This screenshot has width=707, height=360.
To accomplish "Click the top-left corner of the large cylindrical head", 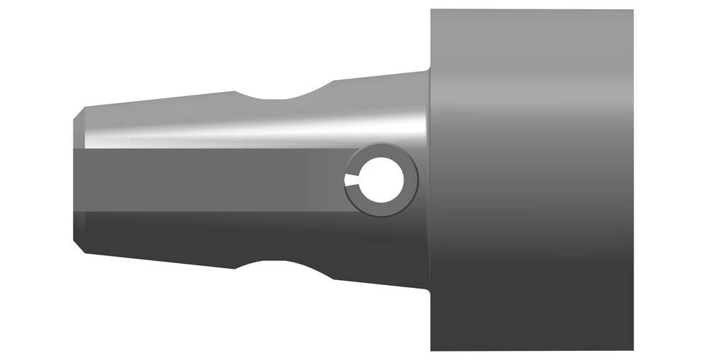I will [x=431, y=11].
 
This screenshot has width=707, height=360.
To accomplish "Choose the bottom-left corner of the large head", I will [x=431, y=349].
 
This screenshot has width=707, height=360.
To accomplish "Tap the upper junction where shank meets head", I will [x=429, y=71].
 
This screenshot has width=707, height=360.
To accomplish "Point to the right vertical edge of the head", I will [x=633, y=180].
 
